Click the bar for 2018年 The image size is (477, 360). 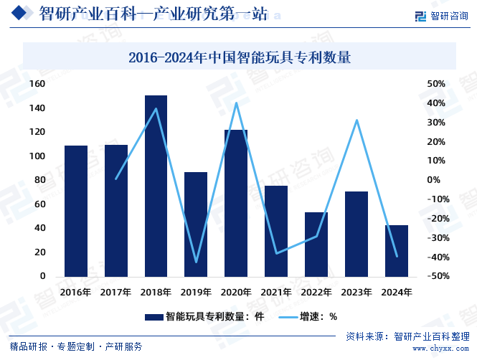(x=156, y=186)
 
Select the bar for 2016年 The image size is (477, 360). (x=76, y=211)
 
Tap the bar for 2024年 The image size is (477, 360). (x=396, y=251)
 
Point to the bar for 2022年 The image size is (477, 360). (x=316, y=245)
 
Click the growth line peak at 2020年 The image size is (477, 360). (x=236, y=103)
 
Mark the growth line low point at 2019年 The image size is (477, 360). (x=196, y=262)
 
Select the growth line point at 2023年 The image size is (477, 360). (x=356, y=120)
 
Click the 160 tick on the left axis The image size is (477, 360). (x=37, y=85)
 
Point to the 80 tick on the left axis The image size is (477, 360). (x=40, y=180)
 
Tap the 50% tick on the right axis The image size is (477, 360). (x=436, y=85)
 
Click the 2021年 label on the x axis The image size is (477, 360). (x=276, y=293)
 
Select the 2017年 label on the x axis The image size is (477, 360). (x=115, y=293)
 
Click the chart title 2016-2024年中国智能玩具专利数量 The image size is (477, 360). (x=239, y=58)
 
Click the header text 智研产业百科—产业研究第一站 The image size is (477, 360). (x=153, y=14)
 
